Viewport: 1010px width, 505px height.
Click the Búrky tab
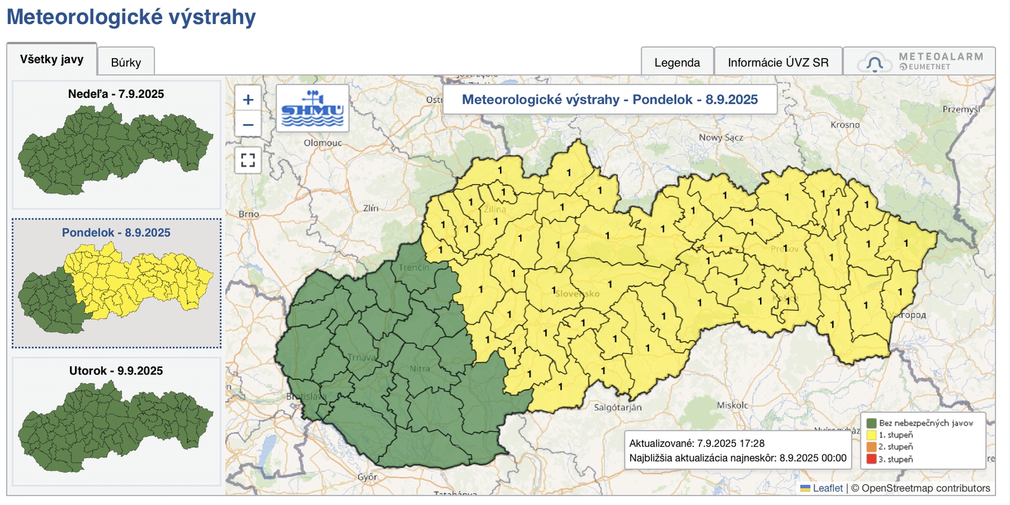[126, 62]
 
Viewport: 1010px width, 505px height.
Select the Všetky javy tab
[52, 59]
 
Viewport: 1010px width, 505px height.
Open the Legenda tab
[677, 62]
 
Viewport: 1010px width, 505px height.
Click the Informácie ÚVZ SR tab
[778, 62]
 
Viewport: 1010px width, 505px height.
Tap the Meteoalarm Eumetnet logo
[920, 61]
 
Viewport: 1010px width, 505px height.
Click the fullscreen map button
[248, 160]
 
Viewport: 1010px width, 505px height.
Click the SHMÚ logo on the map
[312, 108]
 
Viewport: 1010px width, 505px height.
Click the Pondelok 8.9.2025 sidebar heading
[116, 232]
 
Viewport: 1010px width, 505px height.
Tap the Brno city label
[249, 214]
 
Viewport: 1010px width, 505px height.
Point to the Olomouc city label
[323, 143]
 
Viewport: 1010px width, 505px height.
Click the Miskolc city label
[732, 405]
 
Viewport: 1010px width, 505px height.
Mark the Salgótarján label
[617, 407]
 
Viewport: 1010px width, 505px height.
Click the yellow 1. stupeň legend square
[871, 435]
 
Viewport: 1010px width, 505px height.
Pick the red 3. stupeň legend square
[871, 459]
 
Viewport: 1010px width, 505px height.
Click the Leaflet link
[828, 488]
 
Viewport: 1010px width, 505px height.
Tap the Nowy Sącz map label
[720, 137]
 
